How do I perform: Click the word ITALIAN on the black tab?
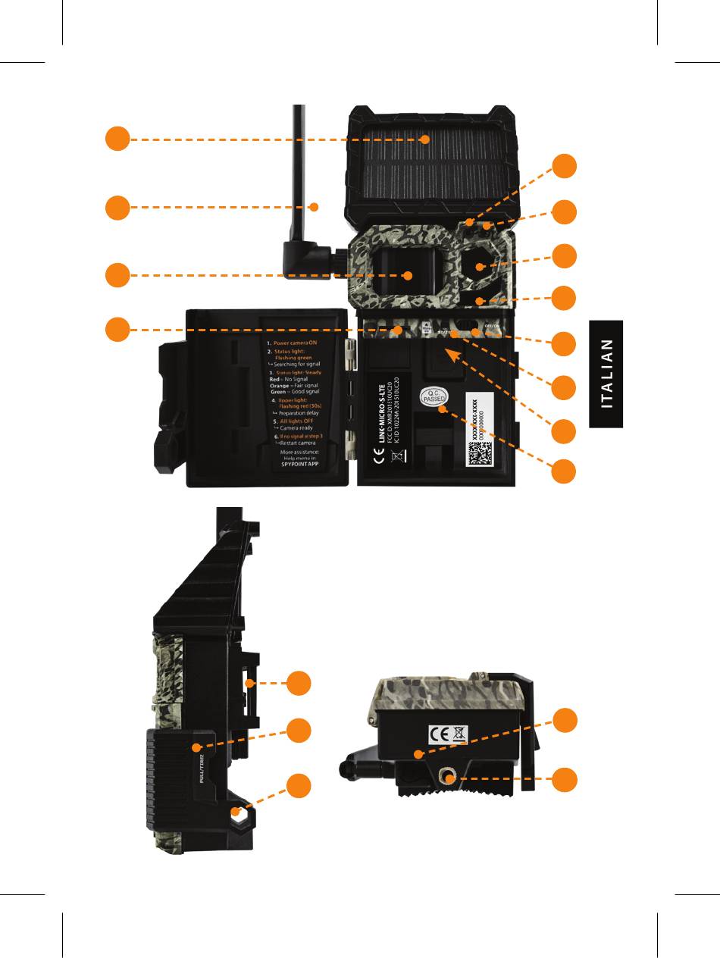[607, 374]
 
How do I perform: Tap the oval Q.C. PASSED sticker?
[434, 398]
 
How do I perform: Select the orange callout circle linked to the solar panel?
[117, 139]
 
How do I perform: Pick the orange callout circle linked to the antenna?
[117, 207]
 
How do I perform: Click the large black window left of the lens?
[403, 275]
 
